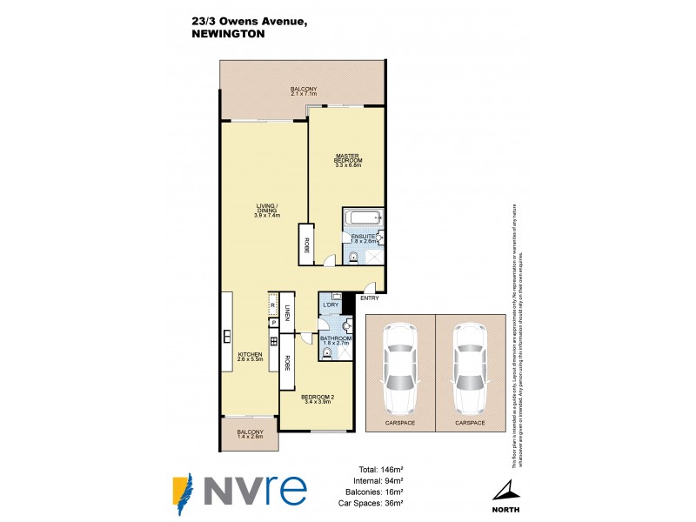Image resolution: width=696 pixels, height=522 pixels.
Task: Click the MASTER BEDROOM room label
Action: pyautogui.click(x=348, y=160)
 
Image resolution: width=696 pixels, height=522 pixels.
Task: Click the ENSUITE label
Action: pyautogui.click(x=363, y=237)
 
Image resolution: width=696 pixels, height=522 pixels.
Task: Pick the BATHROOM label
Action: pyautogui.click(x=335, y=340)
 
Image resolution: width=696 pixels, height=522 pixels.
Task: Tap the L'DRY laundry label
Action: pyautogui.click(x=331, y=305)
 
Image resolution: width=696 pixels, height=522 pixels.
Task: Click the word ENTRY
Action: pyautogui.click(x=369, y=298)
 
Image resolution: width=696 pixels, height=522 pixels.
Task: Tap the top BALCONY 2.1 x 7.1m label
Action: pyautogui.click(x=303, y=91)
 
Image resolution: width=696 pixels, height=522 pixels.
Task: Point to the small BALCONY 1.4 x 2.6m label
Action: pyautogui.click(x=251, y=433)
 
